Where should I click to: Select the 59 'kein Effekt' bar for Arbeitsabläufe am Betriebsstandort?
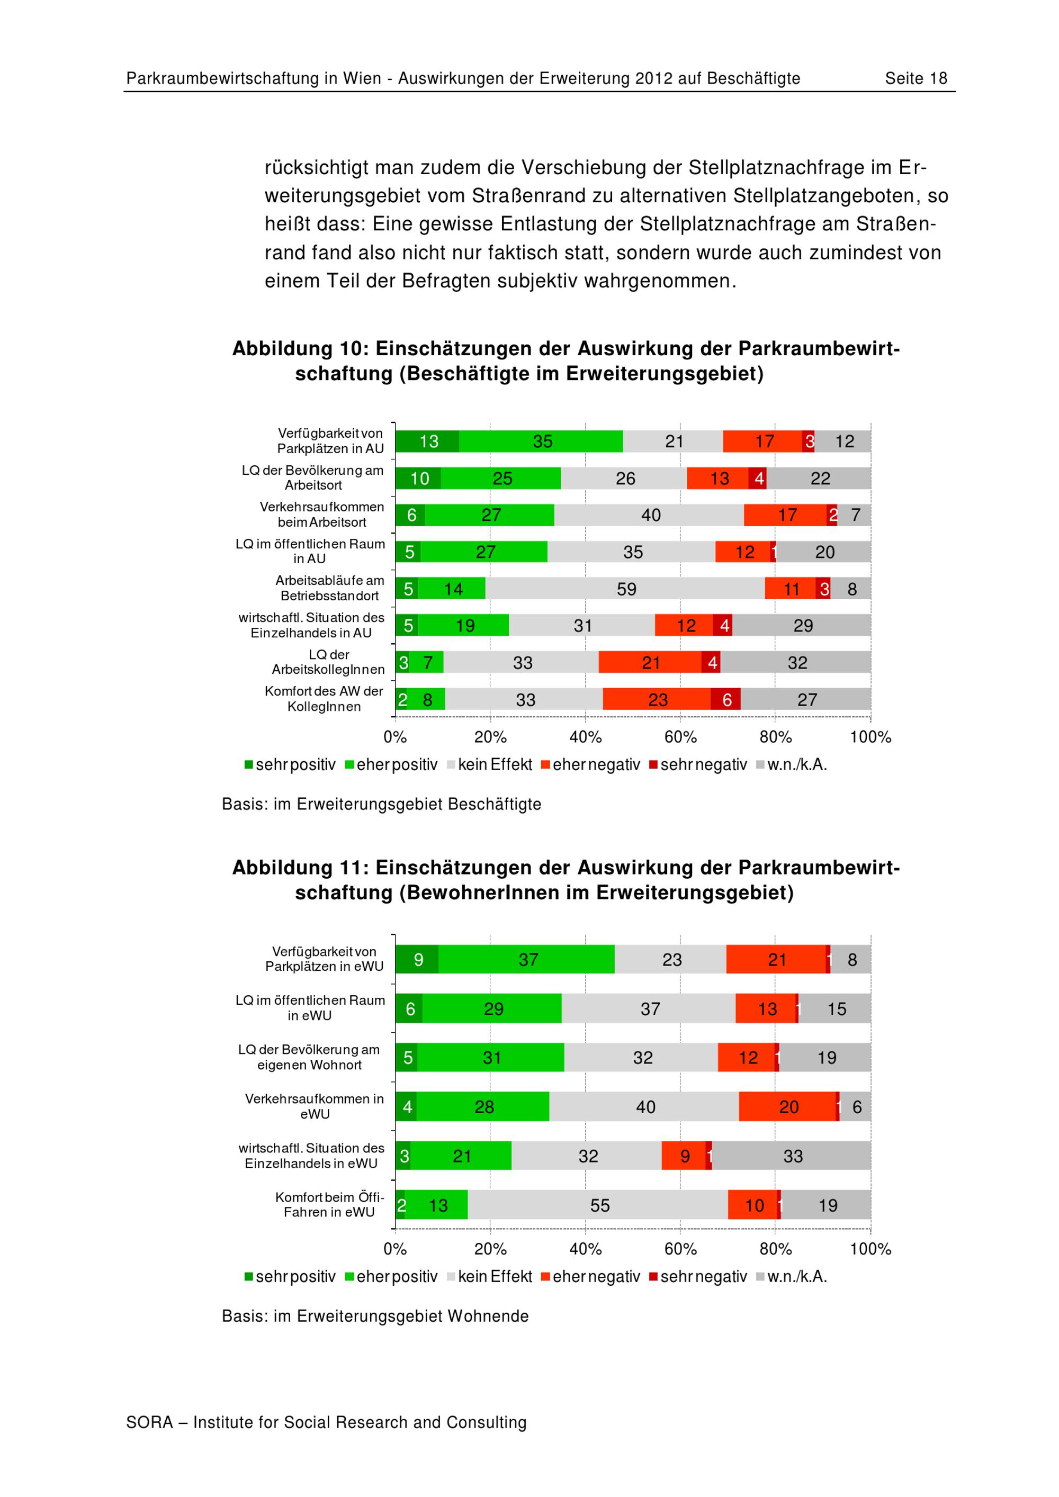(x=625, y=589)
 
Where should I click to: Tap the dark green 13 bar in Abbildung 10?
(x=427, y=442)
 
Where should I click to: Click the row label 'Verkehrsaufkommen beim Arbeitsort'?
(x=321, y=515)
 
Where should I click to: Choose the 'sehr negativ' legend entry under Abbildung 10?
(x=698, y=765)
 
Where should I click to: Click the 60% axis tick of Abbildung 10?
(x=680, y=737)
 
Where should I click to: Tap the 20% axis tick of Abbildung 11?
(x=490, y=1249)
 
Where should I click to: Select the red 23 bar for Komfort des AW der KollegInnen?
(x=657, y=700)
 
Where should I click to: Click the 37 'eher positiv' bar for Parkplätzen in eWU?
(x=527, y=960)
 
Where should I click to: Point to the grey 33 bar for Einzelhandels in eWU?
(x=792, y=1156)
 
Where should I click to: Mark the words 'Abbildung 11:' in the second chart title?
(x=301, y=868)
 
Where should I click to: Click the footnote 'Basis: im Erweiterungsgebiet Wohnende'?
(x=375, y=1316)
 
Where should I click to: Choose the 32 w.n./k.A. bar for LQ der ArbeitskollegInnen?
(x=796, y=663)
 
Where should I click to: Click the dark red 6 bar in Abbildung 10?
(x=726, y=700)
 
